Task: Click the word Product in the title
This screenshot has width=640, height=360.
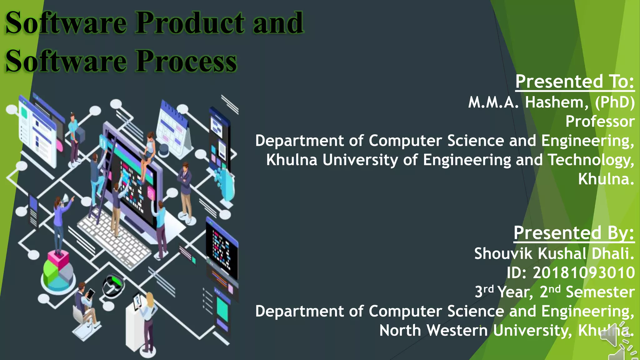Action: point(190,23)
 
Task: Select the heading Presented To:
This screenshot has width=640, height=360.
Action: point(575,82)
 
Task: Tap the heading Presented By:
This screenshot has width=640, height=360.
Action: point(574,233)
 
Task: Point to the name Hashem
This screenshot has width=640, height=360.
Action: point(557,102)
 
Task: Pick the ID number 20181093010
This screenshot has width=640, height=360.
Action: point(584,273)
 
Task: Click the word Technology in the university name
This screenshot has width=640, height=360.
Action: point(591,160)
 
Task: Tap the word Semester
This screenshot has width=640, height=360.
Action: point(600,292)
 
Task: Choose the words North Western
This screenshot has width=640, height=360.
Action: point(433,331)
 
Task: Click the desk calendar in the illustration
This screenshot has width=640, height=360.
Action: point(173,130)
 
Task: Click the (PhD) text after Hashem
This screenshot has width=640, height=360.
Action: point(615,102)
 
